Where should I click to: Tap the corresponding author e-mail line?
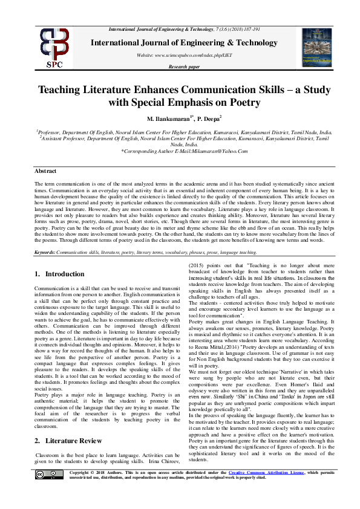coord(180,151)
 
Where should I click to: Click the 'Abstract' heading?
coord(45,172)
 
